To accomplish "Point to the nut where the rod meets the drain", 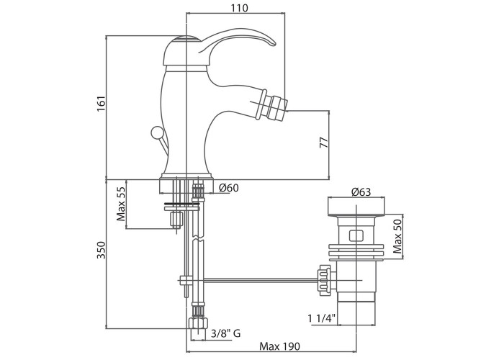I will click(x=323, y=278).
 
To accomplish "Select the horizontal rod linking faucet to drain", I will click(x=252, y=278).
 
